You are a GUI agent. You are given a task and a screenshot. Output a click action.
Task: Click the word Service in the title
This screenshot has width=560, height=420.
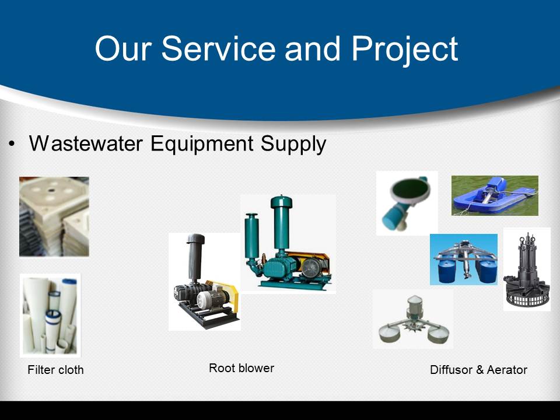tap(219, 48)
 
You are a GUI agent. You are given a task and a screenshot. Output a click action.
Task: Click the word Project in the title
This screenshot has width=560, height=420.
tap(405, 50)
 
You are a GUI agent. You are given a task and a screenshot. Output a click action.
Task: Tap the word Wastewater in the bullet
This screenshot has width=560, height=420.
tap(86, 143)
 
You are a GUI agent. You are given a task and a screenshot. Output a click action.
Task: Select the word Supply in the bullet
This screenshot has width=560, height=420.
tap(293, 144)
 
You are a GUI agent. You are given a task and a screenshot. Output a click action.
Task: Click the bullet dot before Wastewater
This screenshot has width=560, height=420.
tap(12, 144)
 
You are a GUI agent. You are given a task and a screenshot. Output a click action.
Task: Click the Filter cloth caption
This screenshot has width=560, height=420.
tap(56, 370)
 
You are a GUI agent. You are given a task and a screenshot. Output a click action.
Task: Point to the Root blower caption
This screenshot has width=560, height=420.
tap(242, 368)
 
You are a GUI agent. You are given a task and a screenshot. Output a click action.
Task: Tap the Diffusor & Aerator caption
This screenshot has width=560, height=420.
tap(478, 370)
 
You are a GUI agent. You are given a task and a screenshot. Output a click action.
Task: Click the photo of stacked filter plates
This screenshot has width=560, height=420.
tap(54, 216)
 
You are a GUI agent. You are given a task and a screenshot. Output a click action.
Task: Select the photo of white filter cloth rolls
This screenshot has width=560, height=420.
tap(50, 316)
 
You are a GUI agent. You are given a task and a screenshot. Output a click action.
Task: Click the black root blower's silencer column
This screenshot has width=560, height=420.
tap(195, 257)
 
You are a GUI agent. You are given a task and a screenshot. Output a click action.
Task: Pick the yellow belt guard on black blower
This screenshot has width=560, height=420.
tap(227, 295)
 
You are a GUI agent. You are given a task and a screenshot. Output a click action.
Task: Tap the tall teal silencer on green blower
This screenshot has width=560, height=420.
tap(281, 223)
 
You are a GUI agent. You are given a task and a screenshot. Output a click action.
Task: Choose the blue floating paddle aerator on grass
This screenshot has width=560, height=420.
tap(495, 195)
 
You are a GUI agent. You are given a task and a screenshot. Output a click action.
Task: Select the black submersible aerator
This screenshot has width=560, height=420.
tap(526, 269)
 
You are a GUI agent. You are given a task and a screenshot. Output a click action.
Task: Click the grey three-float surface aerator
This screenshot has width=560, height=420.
tap(413, 319)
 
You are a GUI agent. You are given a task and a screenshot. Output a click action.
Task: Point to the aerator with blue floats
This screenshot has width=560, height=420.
tap(464, 260)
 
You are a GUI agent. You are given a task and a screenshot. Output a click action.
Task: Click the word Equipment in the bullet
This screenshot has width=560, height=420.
tap(202, 144)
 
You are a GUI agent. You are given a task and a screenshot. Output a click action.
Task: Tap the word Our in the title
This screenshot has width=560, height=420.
tap(124, 48)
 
